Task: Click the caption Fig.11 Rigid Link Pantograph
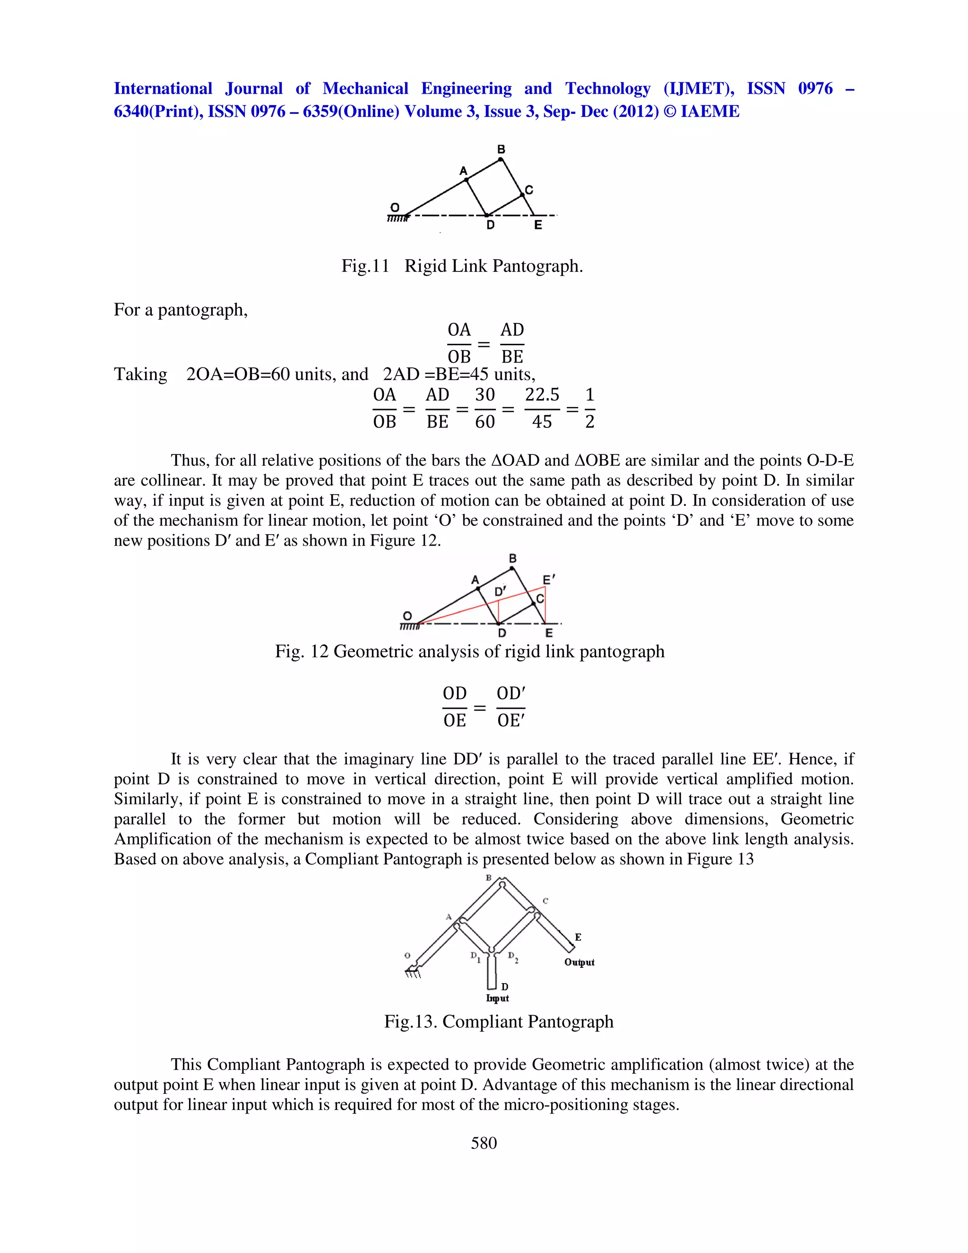[462, 266]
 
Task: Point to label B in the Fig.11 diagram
[501, 149]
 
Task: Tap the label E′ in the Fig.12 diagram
[549, 580]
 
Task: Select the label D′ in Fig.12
[500, 591]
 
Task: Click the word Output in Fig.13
[579, 962]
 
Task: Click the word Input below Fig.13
[497, 998]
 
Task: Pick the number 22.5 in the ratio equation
[542, 395]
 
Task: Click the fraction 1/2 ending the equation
[589, 408]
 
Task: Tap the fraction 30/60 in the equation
[484, 408]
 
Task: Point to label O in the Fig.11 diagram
[395, 207]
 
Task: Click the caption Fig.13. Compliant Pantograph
[498, 1021]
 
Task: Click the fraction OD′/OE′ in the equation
[510, 707]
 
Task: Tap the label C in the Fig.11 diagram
[529, 190]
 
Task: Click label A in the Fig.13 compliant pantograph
[449, 917]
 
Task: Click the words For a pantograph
[181, 310]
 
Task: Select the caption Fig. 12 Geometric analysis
[469, 651]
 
